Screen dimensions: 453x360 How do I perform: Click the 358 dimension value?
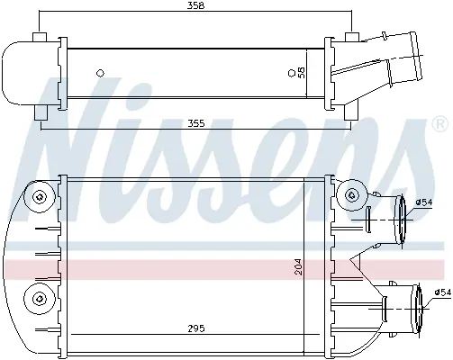click(x=195, y=5)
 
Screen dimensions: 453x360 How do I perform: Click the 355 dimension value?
click(x=195, y=123)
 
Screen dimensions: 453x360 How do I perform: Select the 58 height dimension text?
click(x=301, y=72)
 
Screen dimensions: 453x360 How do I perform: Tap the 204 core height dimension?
click(x=299, y=266)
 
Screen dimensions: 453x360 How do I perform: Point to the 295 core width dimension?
click(x=196, y=328)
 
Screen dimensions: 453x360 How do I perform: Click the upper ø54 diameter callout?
click(x=424, y=202)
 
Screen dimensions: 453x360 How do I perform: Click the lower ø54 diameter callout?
click(x=443, y=292)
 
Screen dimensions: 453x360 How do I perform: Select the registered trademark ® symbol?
click(x=439, y=124)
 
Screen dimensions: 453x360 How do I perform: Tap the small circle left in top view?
click(x=100, y=73)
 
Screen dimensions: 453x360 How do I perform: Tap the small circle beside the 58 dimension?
click(x=291, y=73)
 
